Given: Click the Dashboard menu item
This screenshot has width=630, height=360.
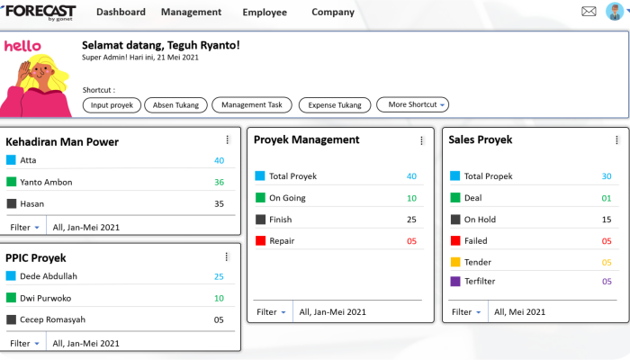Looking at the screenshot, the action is [x=121, y=12].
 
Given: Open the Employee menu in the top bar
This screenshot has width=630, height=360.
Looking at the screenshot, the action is [x=265, y=13].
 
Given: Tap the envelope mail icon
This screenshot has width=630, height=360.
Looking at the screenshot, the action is [x=589, y=11].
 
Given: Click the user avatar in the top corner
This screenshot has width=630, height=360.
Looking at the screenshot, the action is [x=615, y=11].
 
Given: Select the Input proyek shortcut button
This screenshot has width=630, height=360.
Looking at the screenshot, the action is [x=112, y=105].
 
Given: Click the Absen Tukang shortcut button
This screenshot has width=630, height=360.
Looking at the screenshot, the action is [x=176, y=105].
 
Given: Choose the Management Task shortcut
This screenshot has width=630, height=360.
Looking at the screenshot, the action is [x=252, y=105].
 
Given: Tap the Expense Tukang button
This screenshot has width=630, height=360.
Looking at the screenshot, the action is [x=335, y=105].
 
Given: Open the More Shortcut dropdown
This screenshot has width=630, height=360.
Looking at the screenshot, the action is [x=412, y=104].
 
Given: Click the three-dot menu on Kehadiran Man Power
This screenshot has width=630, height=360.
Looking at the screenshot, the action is [x=228, y=139].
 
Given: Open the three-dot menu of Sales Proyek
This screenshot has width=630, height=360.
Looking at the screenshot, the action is [x=616, y=139].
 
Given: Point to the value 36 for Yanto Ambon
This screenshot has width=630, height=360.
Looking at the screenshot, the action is [x=219, y=182].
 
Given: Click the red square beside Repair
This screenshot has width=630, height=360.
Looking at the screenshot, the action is [x=260, y=240].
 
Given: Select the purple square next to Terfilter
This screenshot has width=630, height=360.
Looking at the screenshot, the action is [x=455, y=281].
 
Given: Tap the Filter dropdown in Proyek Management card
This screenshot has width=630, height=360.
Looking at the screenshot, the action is [x=271, y=311].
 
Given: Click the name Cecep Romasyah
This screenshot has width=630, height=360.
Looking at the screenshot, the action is [x=52, y=319].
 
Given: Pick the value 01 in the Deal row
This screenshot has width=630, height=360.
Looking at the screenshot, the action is [x=607, y=198].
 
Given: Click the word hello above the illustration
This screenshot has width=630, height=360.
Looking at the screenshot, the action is [x=22, y=46].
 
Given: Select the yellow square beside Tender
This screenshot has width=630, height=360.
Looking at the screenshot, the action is [x=455, y=262].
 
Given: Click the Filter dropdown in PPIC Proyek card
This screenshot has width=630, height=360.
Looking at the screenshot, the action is [x=24, y=344].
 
